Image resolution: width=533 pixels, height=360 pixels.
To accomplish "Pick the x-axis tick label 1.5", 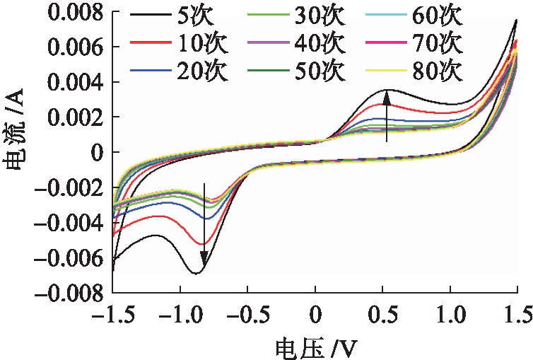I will [515, 312].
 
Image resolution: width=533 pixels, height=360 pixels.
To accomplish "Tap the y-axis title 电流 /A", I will [16, 150].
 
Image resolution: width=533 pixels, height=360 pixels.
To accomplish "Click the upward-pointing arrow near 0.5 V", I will [387, 117].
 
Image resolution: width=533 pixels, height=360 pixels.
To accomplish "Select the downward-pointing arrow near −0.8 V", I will [205, 226].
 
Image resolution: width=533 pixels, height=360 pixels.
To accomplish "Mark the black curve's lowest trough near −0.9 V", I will [196, 272].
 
